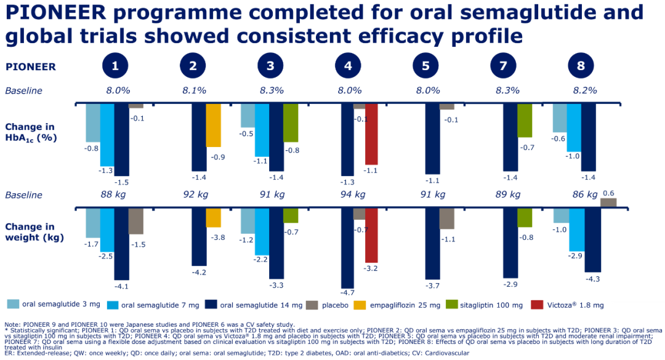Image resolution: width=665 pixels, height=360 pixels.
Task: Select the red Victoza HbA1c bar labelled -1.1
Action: pos(371,134)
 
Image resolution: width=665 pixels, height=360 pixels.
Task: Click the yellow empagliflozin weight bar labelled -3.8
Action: pos(213,218)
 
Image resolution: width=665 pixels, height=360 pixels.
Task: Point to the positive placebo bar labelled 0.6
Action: pos(607,202)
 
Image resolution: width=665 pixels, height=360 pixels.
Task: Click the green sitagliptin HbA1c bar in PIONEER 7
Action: pos(525,121)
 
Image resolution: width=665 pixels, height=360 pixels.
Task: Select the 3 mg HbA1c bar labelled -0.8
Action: pos(92,123)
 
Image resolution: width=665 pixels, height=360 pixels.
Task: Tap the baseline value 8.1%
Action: pos(194,90)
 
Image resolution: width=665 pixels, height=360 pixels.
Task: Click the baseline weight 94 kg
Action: pos(349,195)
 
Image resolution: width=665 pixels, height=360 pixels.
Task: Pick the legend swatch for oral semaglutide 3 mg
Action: pos(13,304)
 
